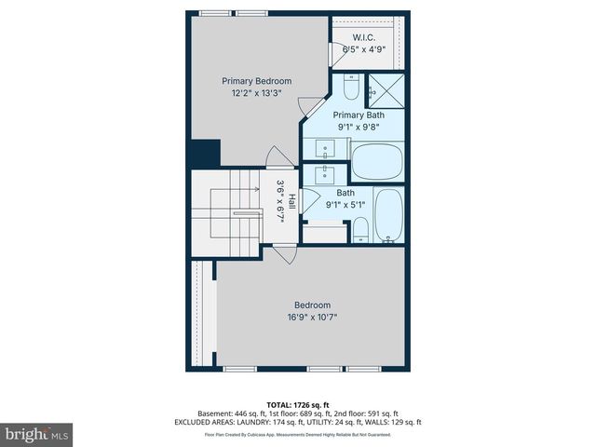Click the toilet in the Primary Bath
coord(350,87)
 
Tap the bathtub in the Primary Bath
coord(377,161)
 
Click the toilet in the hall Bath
coord(359,228)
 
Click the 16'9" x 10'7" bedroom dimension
coord(312,317)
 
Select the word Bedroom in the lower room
coord(312,305)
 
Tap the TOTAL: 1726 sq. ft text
coord(297,404)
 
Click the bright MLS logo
coord(37,434)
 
